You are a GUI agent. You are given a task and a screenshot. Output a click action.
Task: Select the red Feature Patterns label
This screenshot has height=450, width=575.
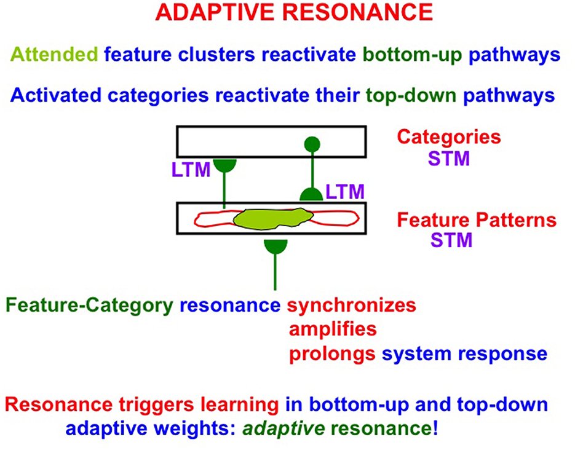coord(477,219)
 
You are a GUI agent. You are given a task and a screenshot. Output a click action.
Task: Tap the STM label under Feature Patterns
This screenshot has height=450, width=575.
coord(451,240)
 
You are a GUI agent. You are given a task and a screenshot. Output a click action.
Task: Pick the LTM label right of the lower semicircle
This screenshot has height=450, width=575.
coord(345,192)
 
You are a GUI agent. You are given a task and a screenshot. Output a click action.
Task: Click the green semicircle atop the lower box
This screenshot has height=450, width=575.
coord(311,195)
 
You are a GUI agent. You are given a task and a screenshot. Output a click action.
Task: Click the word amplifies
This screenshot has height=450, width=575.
coord(332,330)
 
